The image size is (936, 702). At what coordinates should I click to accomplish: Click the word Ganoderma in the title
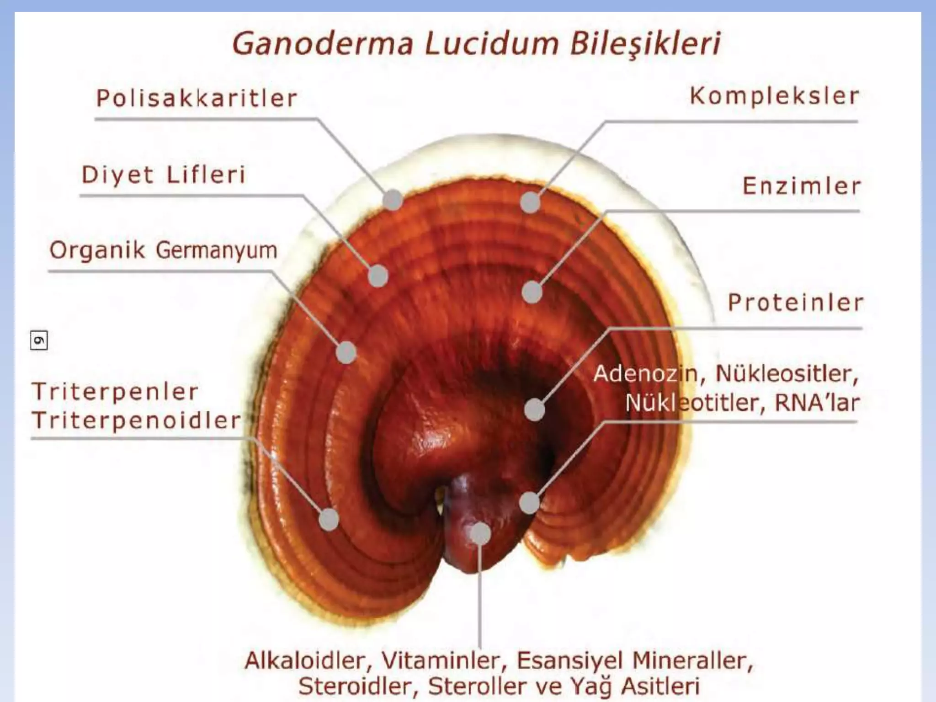click(x=323, y=44)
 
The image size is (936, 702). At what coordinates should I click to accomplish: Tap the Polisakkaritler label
click(x=197, y=98)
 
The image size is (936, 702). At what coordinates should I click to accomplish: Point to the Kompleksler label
click(x=774, y=96)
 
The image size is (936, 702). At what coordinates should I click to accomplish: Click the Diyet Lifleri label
click(x=164, y=175)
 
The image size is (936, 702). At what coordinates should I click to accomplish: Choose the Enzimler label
click(x=802, y=186)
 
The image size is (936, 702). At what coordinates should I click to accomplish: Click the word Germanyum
click(x=217, y=250)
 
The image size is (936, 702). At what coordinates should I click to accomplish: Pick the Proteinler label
click(x=795, y=303)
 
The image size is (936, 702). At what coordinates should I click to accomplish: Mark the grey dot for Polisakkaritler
click(x=393, y=200)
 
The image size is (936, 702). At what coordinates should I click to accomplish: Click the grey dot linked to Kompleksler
click(x=530, y=202)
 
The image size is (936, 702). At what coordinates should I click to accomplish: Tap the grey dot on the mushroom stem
click(x=480, y=533)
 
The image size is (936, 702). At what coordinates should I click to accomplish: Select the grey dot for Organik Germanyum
click(x=346, y=352)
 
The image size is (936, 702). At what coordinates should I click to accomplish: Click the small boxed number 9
click(x=39, y=340)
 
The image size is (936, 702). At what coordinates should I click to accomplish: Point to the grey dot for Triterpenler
click(x=329, y=519)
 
